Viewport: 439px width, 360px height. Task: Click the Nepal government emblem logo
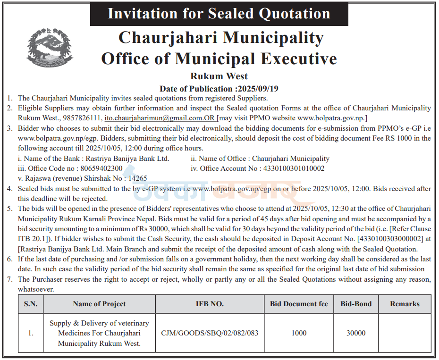pos(43,47)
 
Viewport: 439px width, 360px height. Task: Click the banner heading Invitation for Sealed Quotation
pos(219,13)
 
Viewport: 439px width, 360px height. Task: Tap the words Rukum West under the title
pos(219,76)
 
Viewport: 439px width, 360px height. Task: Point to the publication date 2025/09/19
pos(258,89)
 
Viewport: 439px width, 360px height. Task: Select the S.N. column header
pos(31,304)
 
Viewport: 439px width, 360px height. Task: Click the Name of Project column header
pos(100,304)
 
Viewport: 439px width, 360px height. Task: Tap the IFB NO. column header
pos(210,304)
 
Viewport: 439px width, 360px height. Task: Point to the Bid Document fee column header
pos(299,304)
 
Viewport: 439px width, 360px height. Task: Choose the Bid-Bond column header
pos(356,304)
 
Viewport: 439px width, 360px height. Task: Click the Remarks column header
pos(405,304)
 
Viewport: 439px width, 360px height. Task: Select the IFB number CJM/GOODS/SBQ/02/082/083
pos(210,333)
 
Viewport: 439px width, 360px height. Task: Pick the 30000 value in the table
pos(356,333)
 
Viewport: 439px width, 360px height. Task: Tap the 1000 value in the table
pos(299,333)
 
